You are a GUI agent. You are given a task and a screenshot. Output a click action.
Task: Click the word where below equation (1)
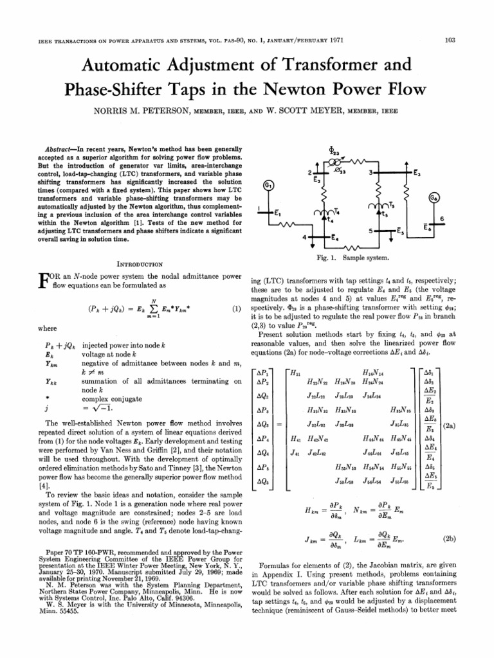[48, 328]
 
